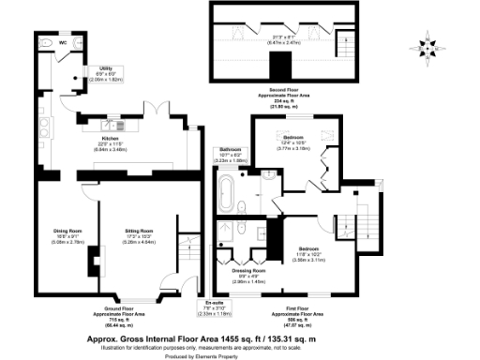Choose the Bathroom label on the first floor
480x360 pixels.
[231, 150]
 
